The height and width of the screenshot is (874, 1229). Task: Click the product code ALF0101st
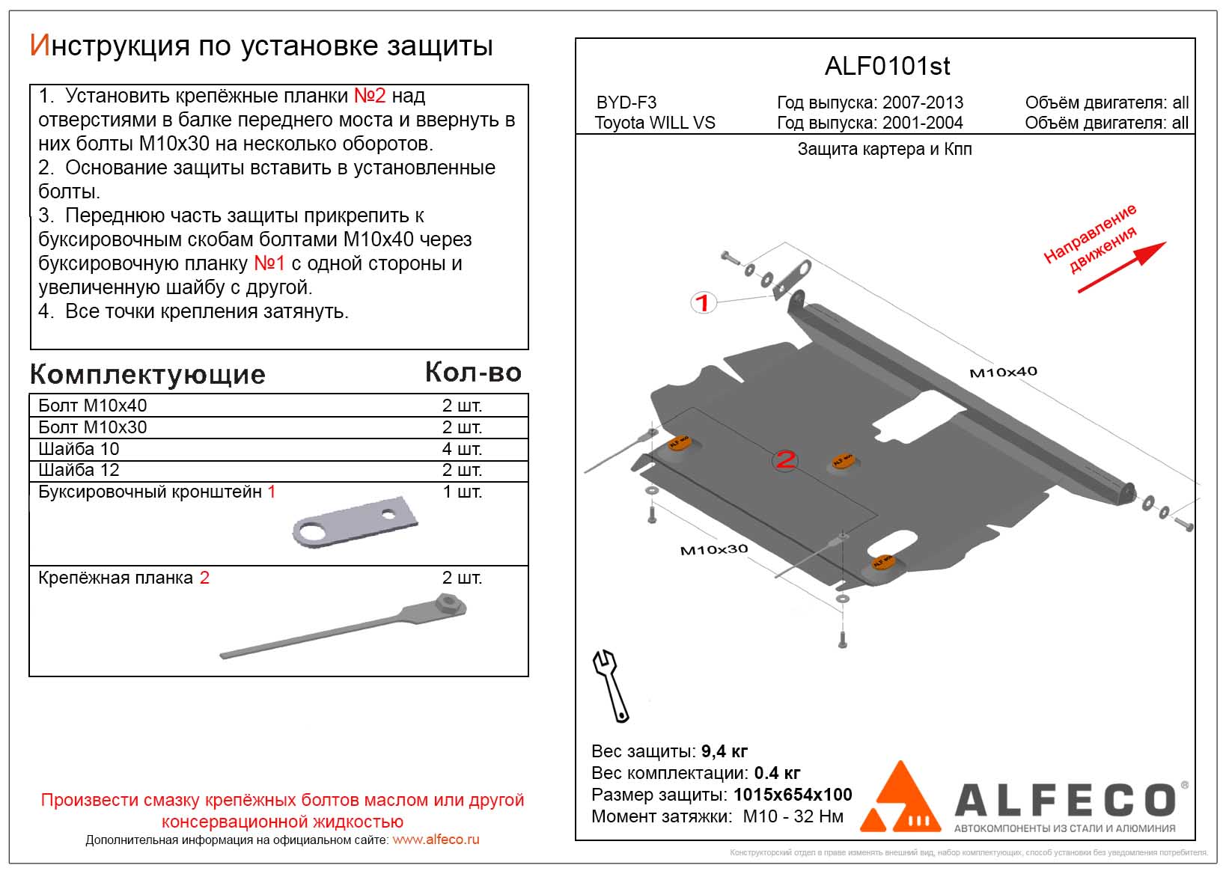[x=887, y=67]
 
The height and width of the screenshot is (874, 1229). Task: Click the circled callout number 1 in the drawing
[x=702, y=303]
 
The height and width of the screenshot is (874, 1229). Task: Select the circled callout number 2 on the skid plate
[x=784, y=459]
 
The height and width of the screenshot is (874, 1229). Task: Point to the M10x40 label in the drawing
[x=1003, y=372]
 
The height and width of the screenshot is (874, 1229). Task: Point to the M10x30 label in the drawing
[x=713, y=549]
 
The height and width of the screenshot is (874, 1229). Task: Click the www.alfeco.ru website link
[x=436, y=840]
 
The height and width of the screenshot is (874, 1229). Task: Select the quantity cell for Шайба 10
[x=461, y=449]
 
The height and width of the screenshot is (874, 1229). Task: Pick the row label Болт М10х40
[x=93, y=406]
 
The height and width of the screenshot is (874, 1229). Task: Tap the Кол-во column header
[x=473, y=372]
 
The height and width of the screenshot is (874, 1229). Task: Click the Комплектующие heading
[x=147, y=375]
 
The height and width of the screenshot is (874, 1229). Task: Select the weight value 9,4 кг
[x=724, y=751]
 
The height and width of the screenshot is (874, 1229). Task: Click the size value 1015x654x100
[x=793, y=795]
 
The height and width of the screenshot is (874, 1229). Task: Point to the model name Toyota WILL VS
[x=655, y=123]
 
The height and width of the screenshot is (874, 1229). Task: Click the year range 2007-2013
[x=923, y=103]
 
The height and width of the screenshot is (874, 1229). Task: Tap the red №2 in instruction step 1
[x=369, y=96]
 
